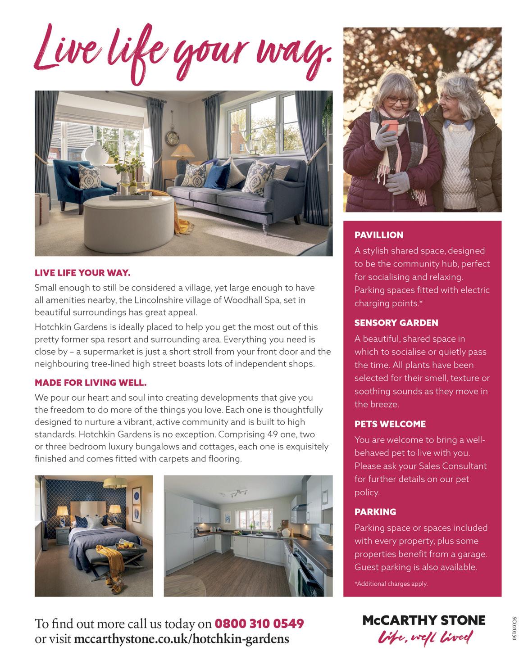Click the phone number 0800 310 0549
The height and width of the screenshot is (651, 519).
(x=259, y=624)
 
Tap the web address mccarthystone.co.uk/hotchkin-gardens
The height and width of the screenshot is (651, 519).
(x=181, y=638)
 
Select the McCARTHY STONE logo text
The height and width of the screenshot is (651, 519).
(x=424, y=620)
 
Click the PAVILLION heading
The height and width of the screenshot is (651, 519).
(x=378, y=235)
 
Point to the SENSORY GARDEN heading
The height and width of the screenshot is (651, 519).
(x=396, y=323)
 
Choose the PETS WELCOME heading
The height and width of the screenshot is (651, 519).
(x=390, y=424)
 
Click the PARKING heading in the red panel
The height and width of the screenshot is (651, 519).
(x=375, y=512)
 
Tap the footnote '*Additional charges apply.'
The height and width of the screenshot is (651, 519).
(x=391, y=584)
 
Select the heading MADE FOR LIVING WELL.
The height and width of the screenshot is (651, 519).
(x=91, y=383)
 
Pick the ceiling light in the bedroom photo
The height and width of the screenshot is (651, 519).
(x=115, y=484)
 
